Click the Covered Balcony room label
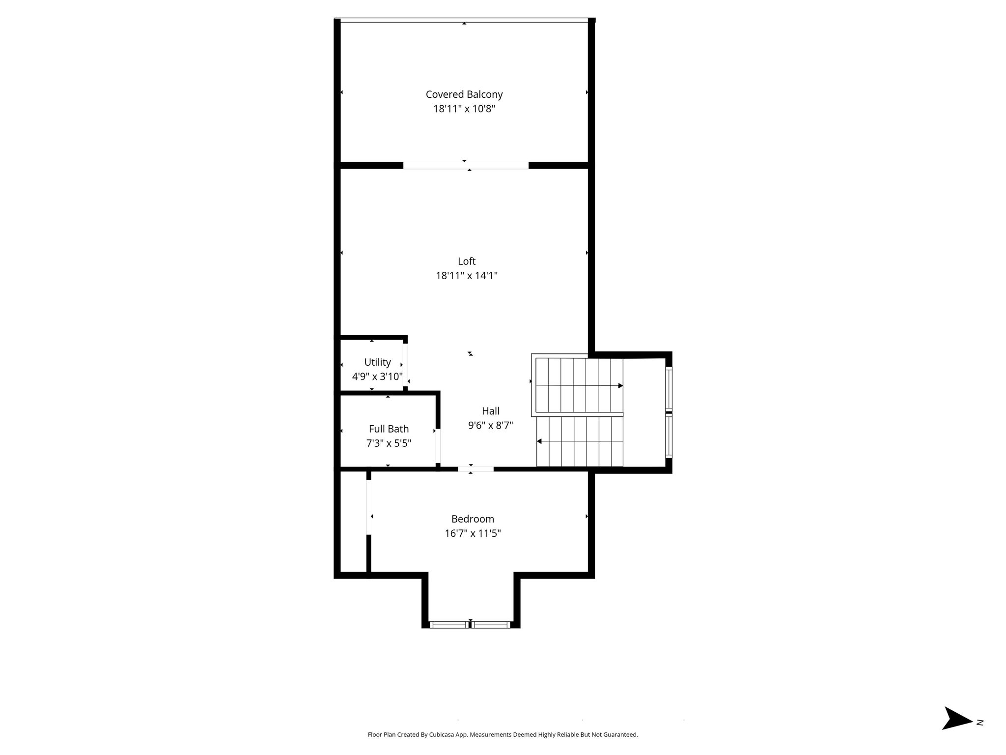(x=464, y=94)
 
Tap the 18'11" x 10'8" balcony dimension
(x=464, y=109)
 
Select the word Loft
(x=467, y=261)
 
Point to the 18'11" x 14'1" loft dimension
(x=467, y=275)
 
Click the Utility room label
(x=377, y=362)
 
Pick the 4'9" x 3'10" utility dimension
(x=377, y=377)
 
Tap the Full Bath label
(x=389, y=429)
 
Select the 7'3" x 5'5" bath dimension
(x=389, y=443)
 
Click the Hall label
(x=491, y=411)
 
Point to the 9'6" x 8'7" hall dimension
(x=491, y=425)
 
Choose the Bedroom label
(x=473, y=519)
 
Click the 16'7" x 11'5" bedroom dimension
(x=473, y=533)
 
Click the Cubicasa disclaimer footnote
(x=503, y=735)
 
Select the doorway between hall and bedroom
(x=475, y=469)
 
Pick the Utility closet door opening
(x=405, y=365)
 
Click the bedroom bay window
(x=471, y=625)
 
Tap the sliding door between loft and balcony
(x=466, y=166)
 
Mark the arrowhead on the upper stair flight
(x=620, y=386)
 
